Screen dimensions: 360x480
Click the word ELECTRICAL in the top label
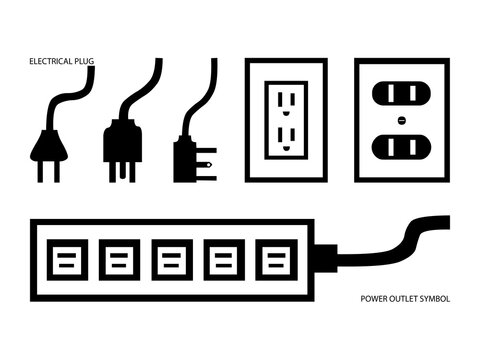click(x=49, y=62)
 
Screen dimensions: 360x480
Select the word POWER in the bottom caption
click(x=374, y=299)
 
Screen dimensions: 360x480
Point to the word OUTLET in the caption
click(x=403, y=299)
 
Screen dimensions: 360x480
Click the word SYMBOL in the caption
click(x=435, y=299)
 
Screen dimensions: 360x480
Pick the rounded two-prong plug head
click(x=46, y=148)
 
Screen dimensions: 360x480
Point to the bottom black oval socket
click(x=401, y=147)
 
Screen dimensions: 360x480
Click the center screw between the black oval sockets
click(x=401, y=121)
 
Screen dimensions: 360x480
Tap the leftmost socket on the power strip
click(x=65, y=260)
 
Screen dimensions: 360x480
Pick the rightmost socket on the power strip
click(x=272, y=260)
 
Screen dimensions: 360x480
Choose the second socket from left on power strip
click(x=117, y=260)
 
